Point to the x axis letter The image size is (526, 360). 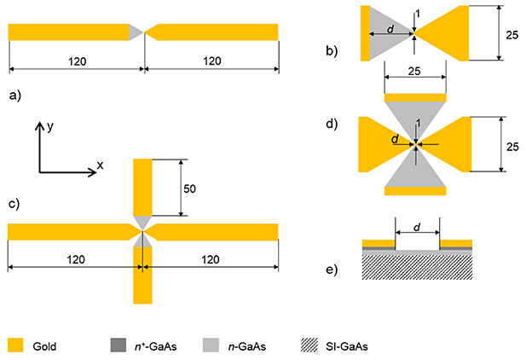click(x=100, y=165)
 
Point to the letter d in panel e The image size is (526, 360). click(x=417, y=228)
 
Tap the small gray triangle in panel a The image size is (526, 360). click(x=136, y=32)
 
